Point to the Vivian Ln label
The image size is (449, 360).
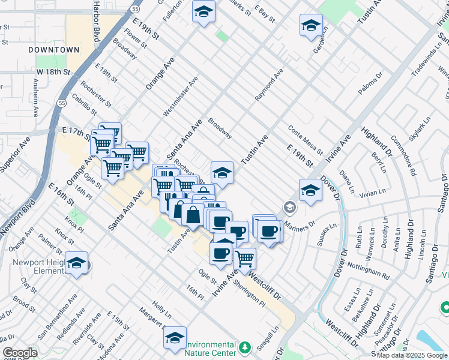coord(372,193)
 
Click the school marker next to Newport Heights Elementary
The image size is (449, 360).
coord(77,263)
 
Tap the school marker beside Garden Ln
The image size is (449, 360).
coord(310,25)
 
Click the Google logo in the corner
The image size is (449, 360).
coord(20,353)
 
